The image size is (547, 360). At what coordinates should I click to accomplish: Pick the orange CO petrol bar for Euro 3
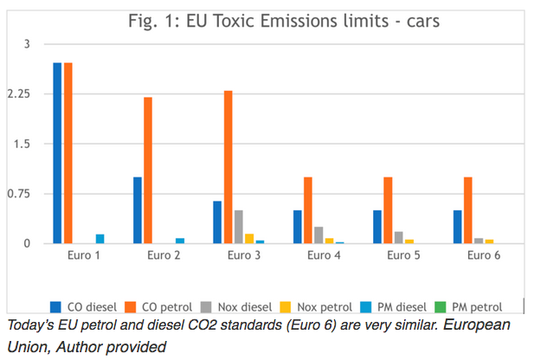[228, 166]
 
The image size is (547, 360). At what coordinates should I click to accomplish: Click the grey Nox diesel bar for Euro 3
[238, 227]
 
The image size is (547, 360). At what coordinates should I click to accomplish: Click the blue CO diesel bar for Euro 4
[297, 226]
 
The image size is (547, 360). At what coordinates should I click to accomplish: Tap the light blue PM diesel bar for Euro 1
[100, 238]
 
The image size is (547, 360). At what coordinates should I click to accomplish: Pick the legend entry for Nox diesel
[238, 306]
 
